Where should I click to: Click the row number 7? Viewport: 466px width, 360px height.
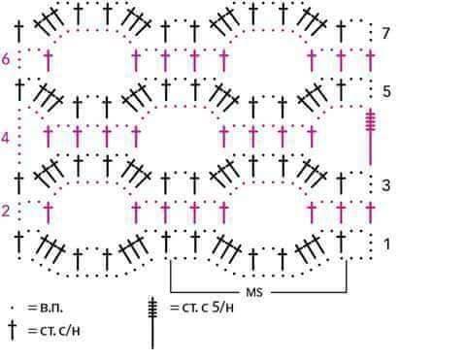[385, 33]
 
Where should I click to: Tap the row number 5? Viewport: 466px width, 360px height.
[386, 92]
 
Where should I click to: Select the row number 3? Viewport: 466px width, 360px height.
[386, 185]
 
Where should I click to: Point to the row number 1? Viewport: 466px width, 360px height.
[387, 245]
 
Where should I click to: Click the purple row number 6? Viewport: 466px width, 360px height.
[6, 59]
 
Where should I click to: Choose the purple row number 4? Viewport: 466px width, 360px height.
[5, 138]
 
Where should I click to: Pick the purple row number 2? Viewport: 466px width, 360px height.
[6, 212]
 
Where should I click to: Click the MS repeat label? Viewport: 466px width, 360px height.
[254, 292]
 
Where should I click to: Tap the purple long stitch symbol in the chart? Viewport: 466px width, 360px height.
[371, 139]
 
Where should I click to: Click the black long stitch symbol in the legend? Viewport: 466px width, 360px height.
[152, 323]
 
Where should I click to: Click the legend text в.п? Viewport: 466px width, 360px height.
[51, 308]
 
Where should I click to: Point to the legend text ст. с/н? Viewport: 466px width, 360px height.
[60, 331]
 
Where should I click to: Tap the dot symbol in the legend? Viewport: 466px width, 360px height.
[12, 308]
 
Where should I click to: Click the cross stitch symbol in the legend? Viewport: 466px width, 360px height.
[13, 330]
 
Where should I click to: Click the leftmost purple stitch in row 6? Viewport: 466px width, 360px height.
[49, 60]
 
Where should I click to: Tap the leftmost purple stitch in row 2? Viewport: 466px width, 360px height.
[49, 212]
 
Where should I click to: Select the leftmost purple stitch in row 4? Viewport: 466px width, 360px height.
[49, 136]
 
